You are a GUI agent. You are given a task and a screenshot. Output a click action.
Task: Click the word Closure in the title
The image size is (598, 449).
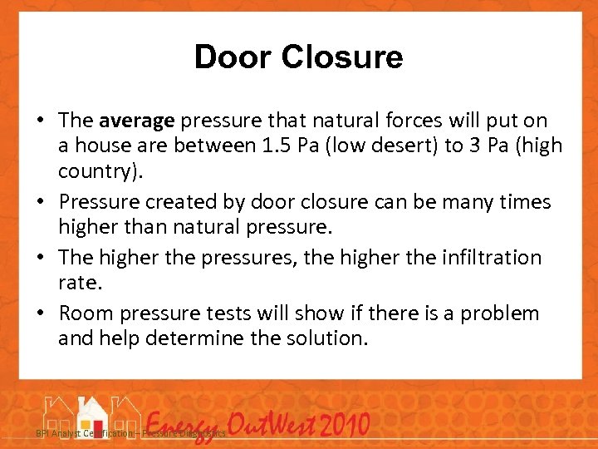[342, 57]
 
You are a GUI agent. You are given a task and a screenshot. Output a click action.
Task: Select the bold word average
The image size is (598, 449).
[136, 121]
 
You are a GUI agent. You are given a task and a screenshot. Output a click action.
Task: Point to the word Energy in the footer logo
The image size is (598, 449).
[187, 426]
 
